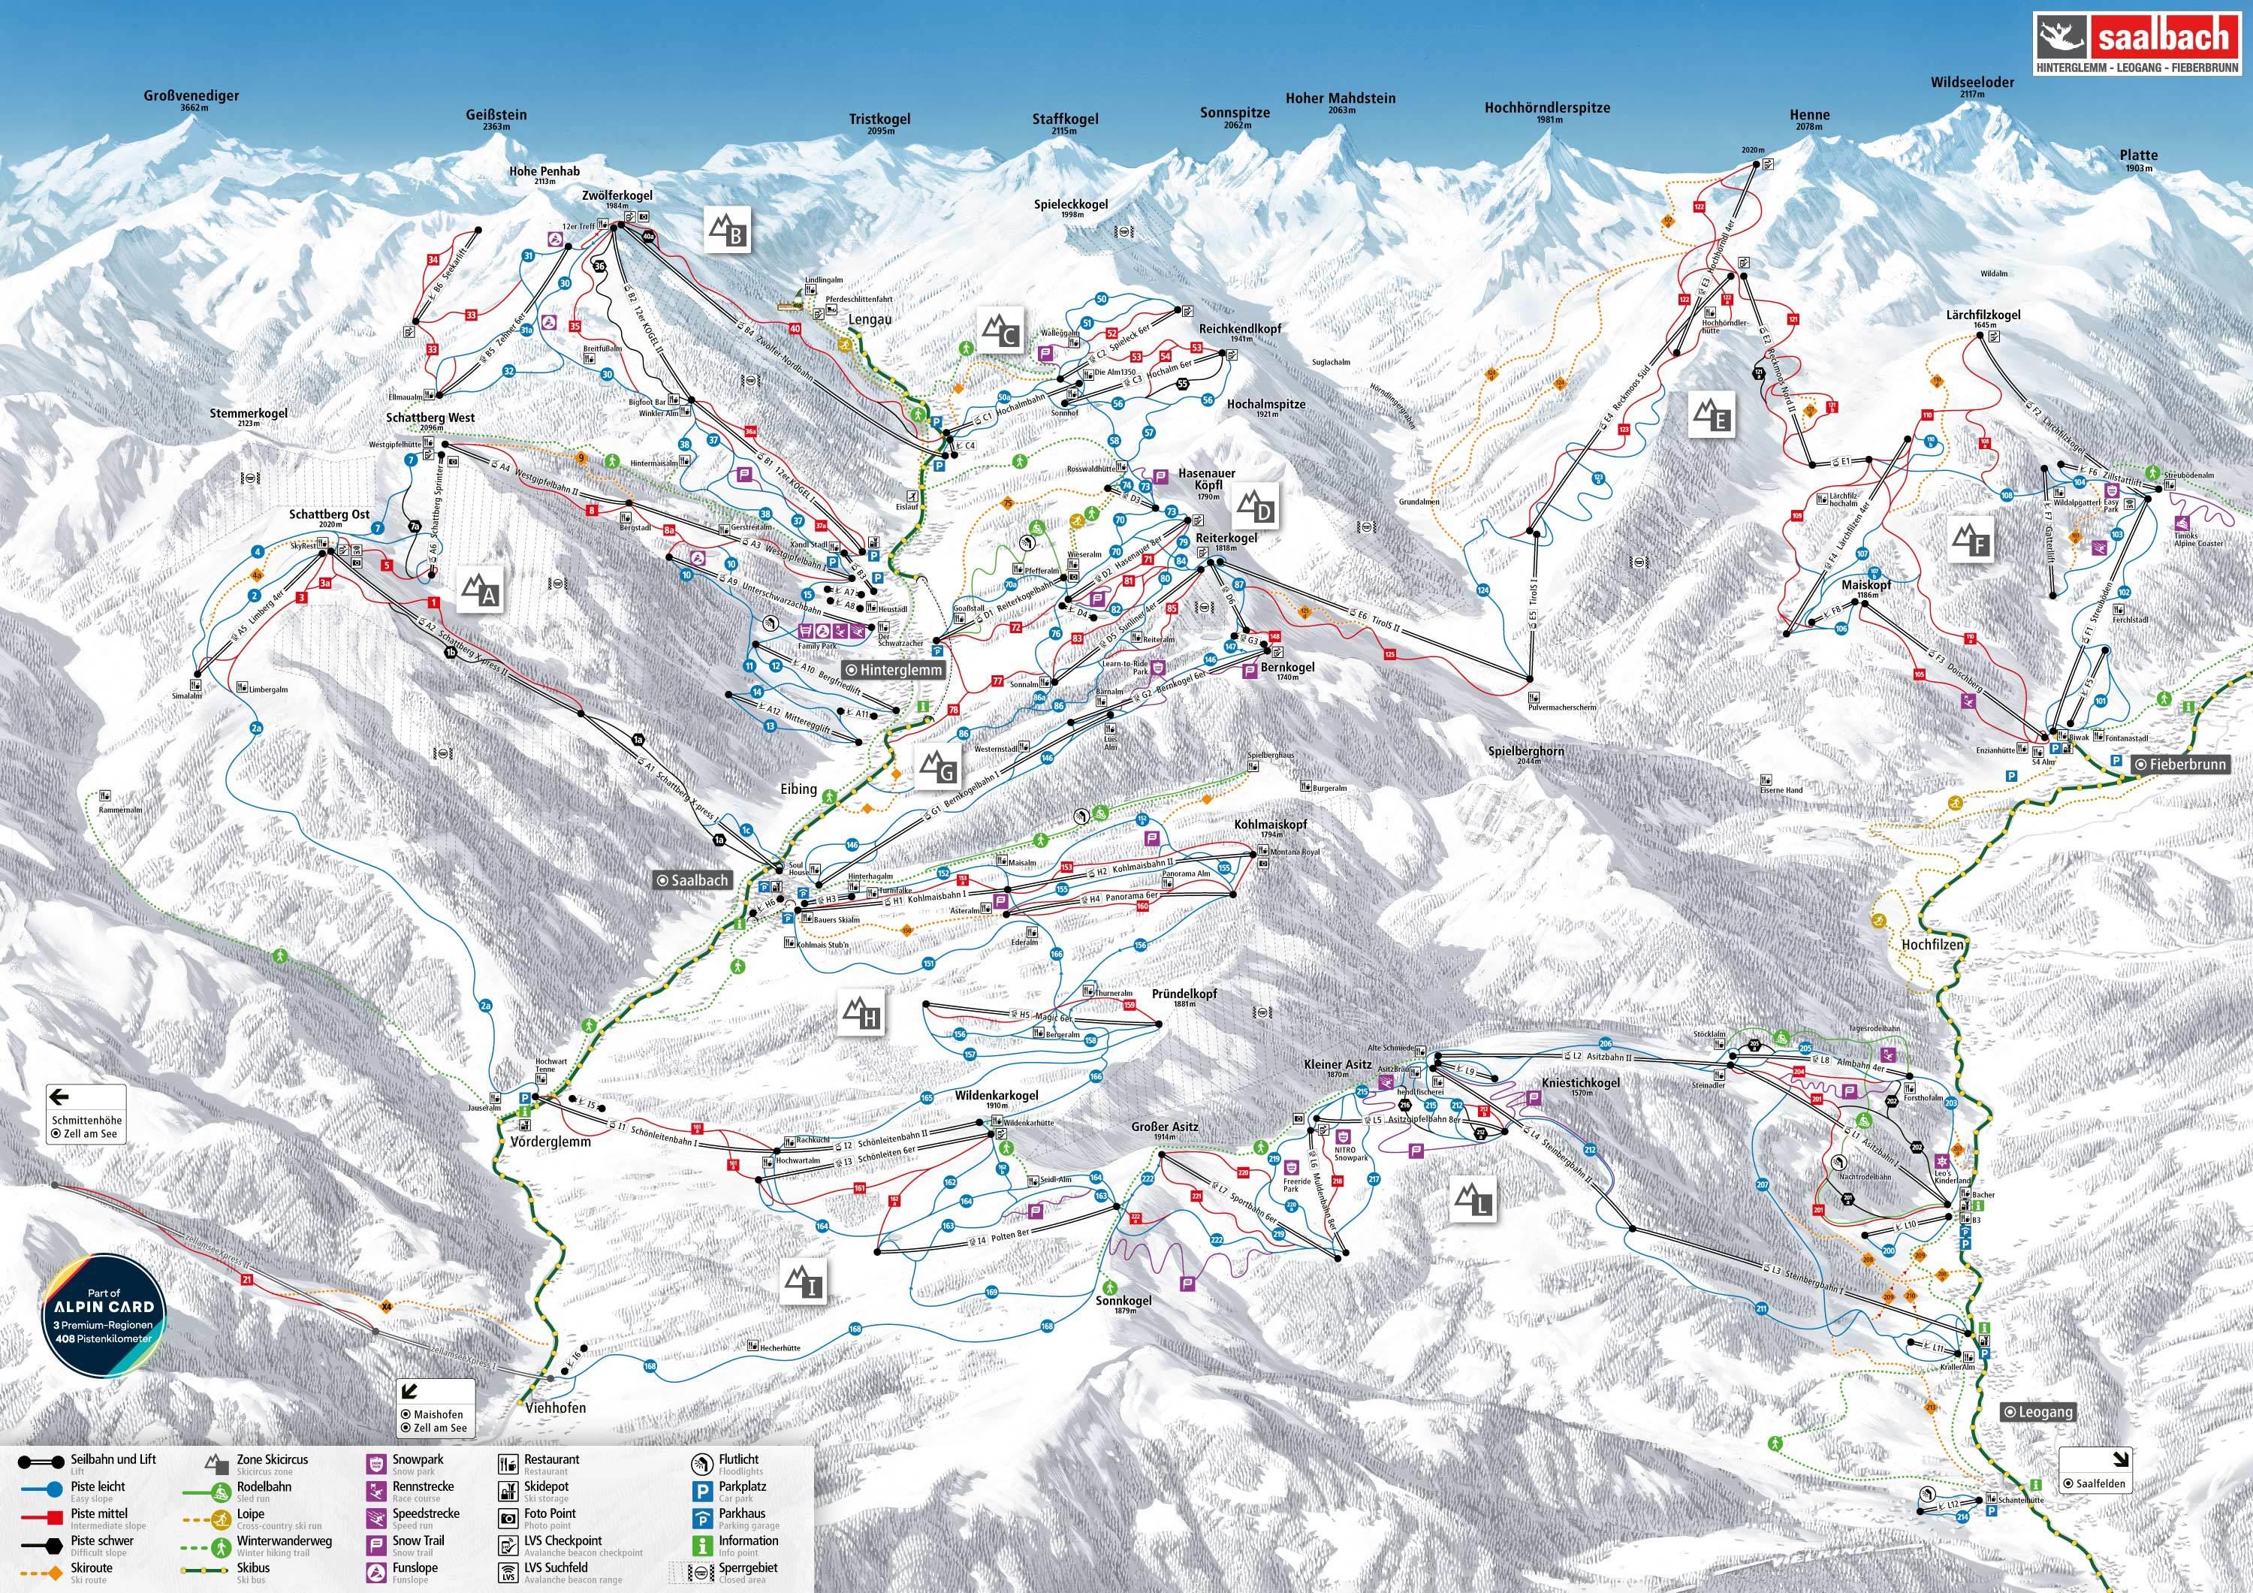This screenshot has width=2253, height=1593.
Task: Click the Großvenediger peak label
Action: click(192, 97)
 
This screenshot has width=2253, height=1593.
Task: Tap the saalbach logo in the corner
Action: click(2135, 44)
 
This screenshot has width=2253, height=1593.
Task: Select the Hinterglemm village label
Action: click(895, 671)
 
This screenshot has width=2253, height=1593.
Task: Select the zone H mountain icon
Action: click(861, 1014)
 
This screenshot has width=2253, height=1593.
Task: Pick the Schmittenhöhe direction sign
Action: click(89, 1113)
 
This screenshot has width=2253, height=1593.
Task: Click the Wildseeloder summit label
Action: click(1972, 83)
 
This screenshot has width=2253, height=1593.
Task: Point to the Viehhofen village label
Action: click(556, 1407)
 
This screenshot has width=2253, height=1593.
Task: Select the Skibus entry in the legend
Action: click(260, 1568)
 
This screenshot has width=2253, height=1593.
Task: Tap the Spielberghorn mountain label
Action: click(1526, 752)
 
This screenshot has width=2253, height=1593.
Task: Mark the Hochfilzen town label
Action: click(1933, 944)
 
